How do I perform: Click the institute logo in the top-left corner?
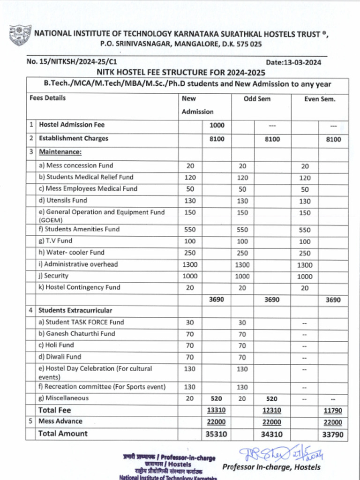(20, 36)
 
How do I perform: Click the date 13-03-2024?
(293, 62)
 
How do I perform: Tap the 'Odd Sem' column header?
(257, 99)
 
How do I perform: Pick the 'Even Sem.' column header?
(320, 99)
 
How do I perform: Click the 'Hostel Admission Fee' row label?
(72, 125)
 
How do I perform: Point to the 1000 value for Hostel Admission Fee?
(217, 125)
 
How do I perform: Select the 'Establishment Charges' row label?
(74, 138)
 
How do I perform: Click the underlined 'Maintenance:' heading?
(60, 152)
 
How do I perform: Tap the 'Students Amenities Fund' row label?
(79, 229)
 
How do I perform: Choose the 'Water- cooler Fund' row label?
(71, 252)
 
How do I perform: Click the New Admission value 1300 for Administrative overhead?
(190, 264)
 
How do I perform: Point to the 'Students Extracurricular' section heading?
(75, 310)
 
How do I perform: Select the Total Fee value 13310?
(216, 410)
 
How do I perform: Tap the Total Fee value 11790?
(333, 411)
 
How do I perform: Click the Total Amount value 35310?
(216, 434)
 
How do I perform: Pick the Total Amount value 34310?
(271, 434)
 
